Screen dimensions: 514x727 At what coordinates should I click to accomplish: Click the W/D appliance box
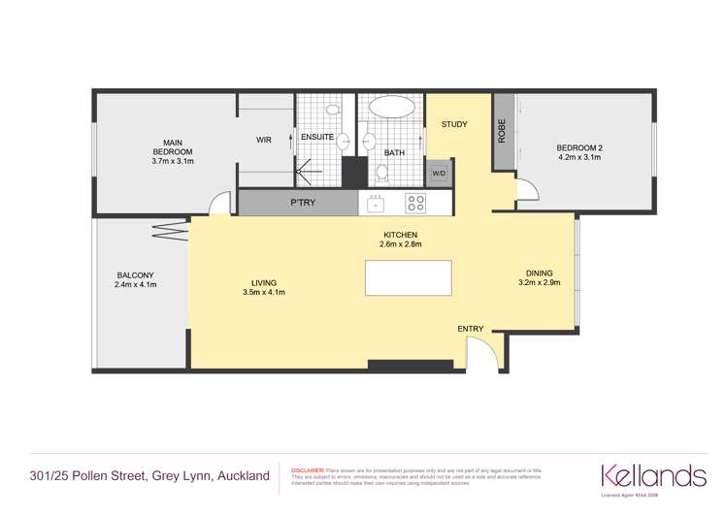(x=438, y=175)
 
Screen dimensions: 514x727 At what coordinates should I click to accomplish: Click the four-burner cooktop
(x=415, y=203)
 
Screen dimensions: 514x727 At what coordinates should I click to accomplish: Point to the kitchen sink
(x=375, y=203)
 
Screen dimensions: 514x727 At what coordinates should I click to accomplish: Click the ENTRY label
(x=470, y=329)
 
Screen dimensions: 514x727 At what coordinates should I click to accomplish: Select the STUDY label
(x=454, y=124)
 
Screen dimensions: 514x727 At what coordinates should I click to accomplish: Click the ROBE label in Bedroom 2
(x=502, y=131)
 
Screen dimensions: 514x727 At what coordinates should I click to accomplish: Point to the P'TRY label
(x=300, y=203)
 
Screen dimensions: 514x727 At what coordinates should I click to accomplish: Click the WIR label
(x=263, y=140)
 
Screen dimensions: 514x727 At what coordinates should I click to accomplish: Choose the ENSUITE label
(x=317, y=137)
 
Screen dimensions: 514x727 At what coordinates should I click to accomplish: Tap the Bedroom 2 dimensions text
(x=578, y=157)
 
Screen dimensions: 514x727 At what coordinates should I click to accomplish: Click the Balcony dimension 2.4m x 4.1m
(x=136, y=285)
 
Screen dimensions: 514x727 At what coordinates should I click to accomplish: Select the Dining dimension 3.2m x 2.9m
(x=543, y=283)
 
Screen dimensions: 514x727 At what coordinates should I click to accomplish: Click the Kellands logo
(x=653, y=475)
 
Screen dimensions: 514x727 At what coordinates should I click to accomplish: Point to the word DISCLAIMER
(x=309, y=467)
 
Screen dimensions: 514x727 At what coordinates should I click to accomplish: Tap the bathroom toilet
(x=381, y=173)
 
